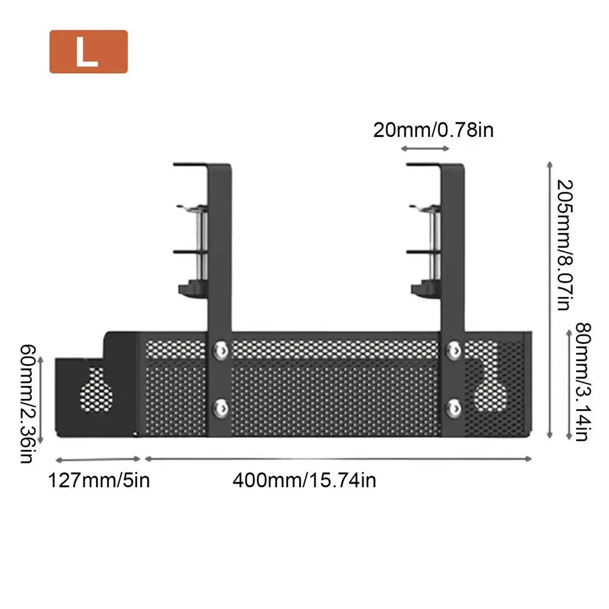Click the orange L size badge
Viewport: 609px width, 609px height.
click(88, 52)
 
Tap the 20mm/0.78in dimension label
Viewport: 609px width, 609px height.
click(434, 130)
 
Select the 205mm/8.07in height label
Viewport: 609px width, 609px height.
click(565, 245)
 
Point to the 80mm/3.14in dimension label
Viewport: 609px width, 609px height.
click(583, 382)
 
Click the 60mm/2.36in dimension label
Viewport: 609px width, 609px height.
click(27, 404)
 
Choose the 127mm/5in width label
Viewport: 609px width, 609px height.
click(99, 481)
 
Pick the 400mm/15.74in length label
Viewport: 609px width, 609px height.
click(304, 481)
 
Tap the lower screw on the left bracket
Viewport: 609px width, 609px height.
click(220, 408)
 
